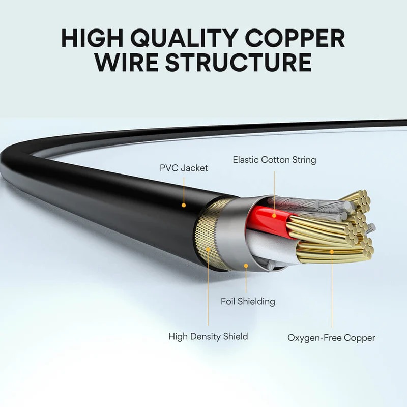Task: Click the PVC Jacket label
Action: [184, 168]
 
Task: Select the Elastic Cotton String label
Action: [274, 160]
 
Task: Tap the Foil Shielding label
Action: [248, 301]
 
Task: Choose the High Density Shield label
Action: [208, 336]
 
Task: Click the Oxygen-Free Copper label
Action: [331, 338]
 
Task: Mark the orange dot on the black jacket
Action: [184, 205]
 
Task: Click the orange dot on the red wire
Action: [274, 216]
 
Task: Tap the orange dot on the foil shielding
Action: [246, 265]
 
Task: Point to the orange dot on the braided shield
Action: [208, 249]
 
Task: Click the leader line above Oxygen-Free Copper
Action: [332, 290]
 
